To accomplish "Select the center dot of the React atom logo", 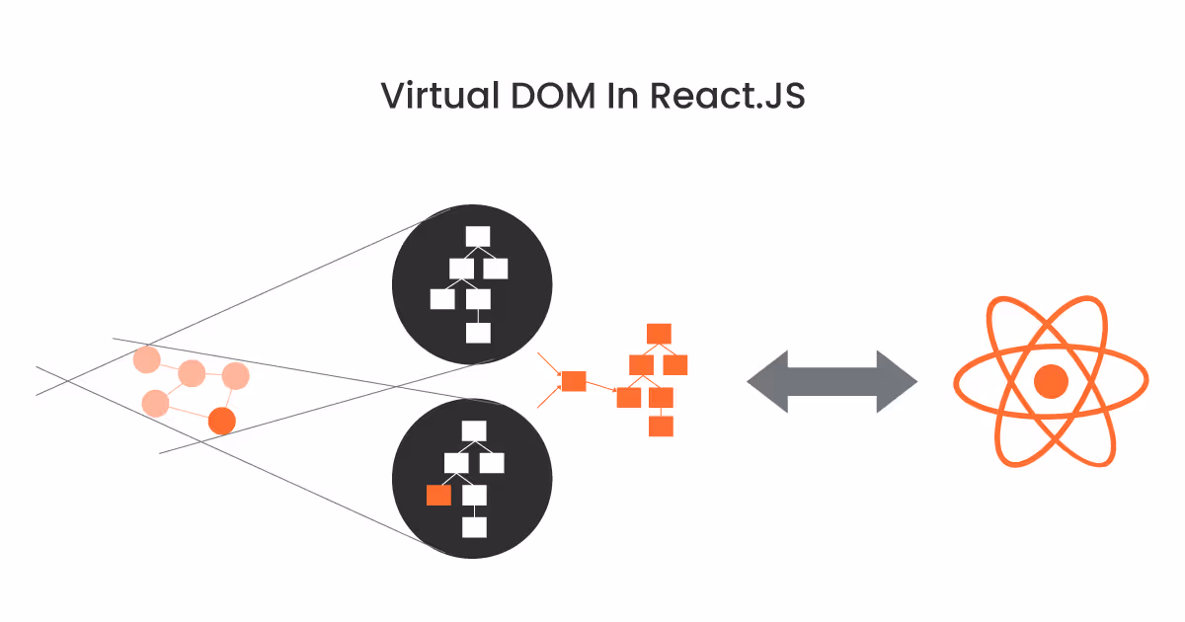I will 1051,381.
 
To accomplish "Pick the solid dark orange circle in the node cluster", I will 222,421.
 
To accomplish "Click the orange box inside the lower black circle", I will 438,496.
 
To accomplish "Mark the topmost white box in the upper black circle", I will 478,236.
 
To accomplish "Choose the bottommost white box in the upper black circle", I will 478,333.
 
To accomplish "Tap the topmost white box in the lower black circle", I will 474,430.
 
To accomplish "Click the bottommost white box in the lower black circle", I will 474,527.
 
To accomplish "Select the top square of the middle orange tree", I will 659,333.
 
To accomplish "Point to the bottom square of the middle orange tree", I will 661,427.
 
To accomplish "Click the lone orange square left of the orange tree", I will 574,381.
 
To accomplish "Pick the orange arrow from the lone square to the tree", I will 602,389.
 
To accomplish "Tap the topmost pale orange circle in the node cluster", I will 147,360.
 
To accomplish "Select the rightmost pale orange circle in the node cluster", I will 235,376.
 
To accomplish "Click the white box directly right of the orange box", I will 475,495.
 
